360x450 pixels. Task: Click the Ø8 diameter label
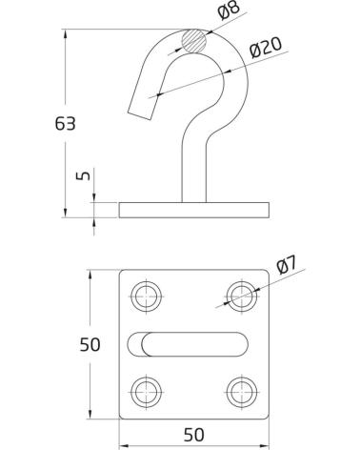click(229, 10)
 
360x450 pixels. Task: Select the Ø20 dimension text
click(266, 48)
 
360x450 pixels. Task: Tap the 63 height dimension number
click(65, 123)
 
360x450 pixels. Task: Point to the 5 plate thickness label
click(83, 175)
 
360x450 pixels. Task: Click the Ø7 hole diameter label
click(287, 265)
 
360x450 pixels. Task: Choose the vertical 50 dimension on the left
click(90, 344)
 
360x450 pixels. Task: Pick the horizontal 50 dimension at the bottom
click(194, 435)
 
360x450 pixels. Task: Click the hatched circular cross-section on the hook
click(193, 41)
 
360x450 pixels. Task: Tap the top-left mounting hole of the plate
click(147, 297)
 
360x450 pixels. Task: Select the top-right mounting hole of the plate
click(242, 297)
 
